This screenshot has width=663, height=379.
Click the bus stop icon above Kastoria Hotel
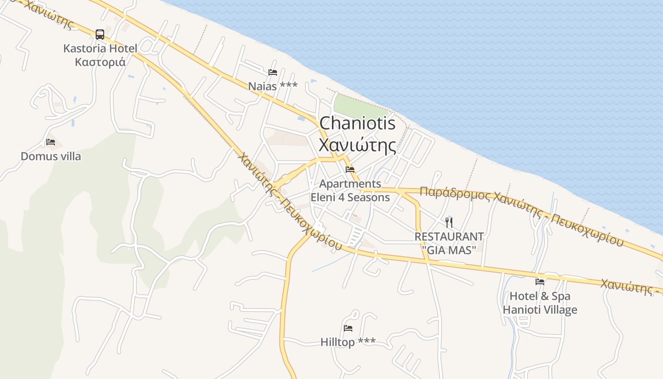tap(100, 34)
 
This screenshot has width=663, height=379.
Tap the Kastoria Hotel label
tap(100, 48)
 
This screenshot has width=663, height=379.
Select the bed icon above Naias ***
tap(272, 72)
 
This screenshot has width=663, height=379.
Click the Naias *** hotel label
tap(273, 86)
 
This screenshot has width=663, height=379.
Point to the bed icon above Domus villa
tap(51, 142)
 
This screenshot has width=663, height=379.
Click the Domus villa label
tap(51, 156)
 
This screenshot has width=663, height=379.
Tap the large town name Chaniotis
tap(357, 123)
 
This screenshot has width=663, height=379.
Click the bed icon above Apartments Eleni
tap(350, 169)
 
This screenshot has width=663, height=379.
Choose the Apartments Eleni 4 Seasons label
tap(350, 190)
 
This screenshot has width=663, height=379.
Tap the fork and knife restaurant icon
tap(449, 222)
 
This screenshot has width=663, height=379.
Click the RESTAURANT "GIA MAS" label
tap(449, 243)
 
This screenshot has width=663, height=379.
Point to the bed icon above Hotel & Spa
tap(539, 282)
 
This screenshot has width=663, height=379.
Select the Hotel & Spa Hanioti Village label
tap(540, 303)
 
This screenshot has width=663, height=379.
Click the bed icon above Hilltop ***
tap(348, 328)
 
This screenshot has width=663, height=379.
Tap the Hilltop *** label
tap(348, 342)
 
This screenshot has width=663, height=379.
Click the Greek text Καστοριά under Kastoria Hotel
tap(100, 62)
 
